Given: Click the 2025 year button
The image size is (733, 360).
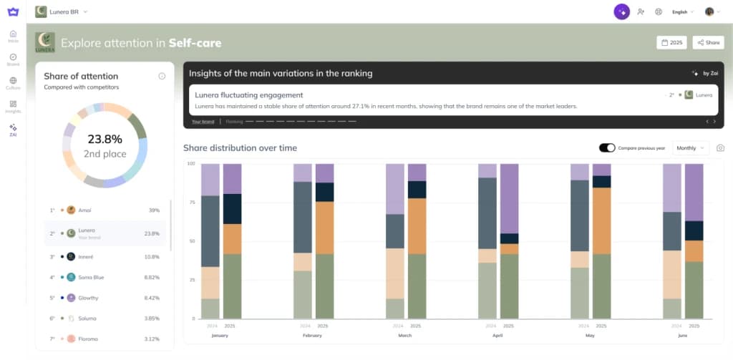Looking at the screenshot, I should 671,43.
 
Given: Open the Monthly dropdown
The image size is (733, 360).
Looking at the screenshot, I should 691,148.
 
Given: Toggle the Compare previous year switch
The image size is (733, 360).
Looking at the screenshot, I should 607,148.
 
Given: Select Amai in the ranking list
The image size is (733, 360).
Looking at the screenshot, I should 84,210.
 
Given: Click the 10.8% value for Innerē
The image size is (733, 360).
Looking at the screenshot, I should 152,256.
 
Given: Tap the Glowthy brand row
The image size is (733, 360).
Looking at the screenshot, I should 88,298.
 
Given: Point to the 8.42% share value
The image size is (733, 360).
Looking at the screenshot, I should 152,298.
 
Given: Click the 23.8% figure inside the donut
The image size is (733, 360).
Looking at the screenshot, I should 105,139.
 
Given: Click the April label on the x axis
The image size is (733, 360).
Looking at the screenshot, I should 498,334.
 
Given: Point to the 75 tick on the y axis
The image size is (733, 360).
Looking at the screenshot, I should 191,203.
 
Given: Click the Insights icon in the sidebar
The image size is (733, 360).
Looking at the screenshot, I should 13,107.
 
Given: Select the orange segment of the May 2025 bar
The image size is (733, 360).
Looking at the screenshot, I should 601,221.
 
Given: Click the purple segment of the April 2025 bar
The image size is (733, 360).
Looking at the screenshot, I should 509,198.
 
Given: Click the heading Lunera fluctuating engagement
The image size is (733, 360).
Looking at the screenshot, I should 248,94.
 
